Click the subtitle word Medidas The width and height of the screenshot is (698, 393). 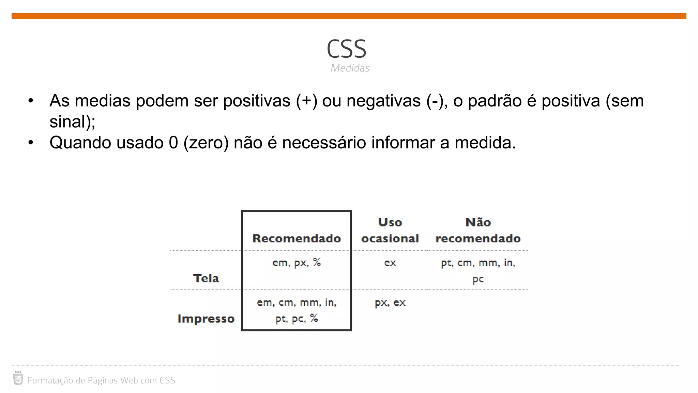(x=350, y=68)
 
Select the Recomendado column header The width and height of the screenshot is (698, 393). (x=297, y=238)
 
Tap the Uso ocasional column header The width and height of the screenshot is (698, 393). (x=390, y=230)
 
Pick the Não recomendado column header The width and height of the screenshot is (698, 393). (x=478, y=230)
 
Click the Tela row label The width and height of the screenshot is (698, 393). (x=206, y=278)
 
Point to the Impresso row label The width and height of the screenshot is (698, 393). (x=206, y=318)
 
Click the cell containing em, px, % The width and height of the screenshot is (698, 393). (x=297, y=262)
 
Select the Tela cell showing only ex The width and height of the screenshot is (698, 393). (x=390, y=263)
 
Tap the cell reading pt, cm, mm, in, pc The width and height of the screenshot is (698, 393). (x=478, y=271)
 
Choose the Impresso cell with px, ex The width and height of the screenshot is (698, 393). (x=390, y=302)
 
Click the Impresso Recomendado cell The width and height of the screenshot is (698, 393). (x=297, y=310)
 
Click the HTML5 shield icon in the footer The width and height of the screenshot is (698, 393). (x=18, y=379)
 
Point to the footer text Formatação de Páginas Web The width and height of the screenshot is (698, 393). (x=101, y=380)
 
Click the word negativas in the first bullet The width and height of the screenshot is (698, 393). (x=383, y=101)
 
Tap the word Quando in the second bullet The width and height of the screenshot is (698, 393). (x=80, y=143)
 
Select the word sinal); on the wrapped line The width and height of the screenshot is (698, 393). (x=72, y=122)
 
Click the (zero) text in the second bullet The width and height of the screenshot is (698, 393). (x=206, y=143)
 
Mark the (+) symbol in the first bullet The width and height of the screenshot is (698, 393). (x=306, y=101)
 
